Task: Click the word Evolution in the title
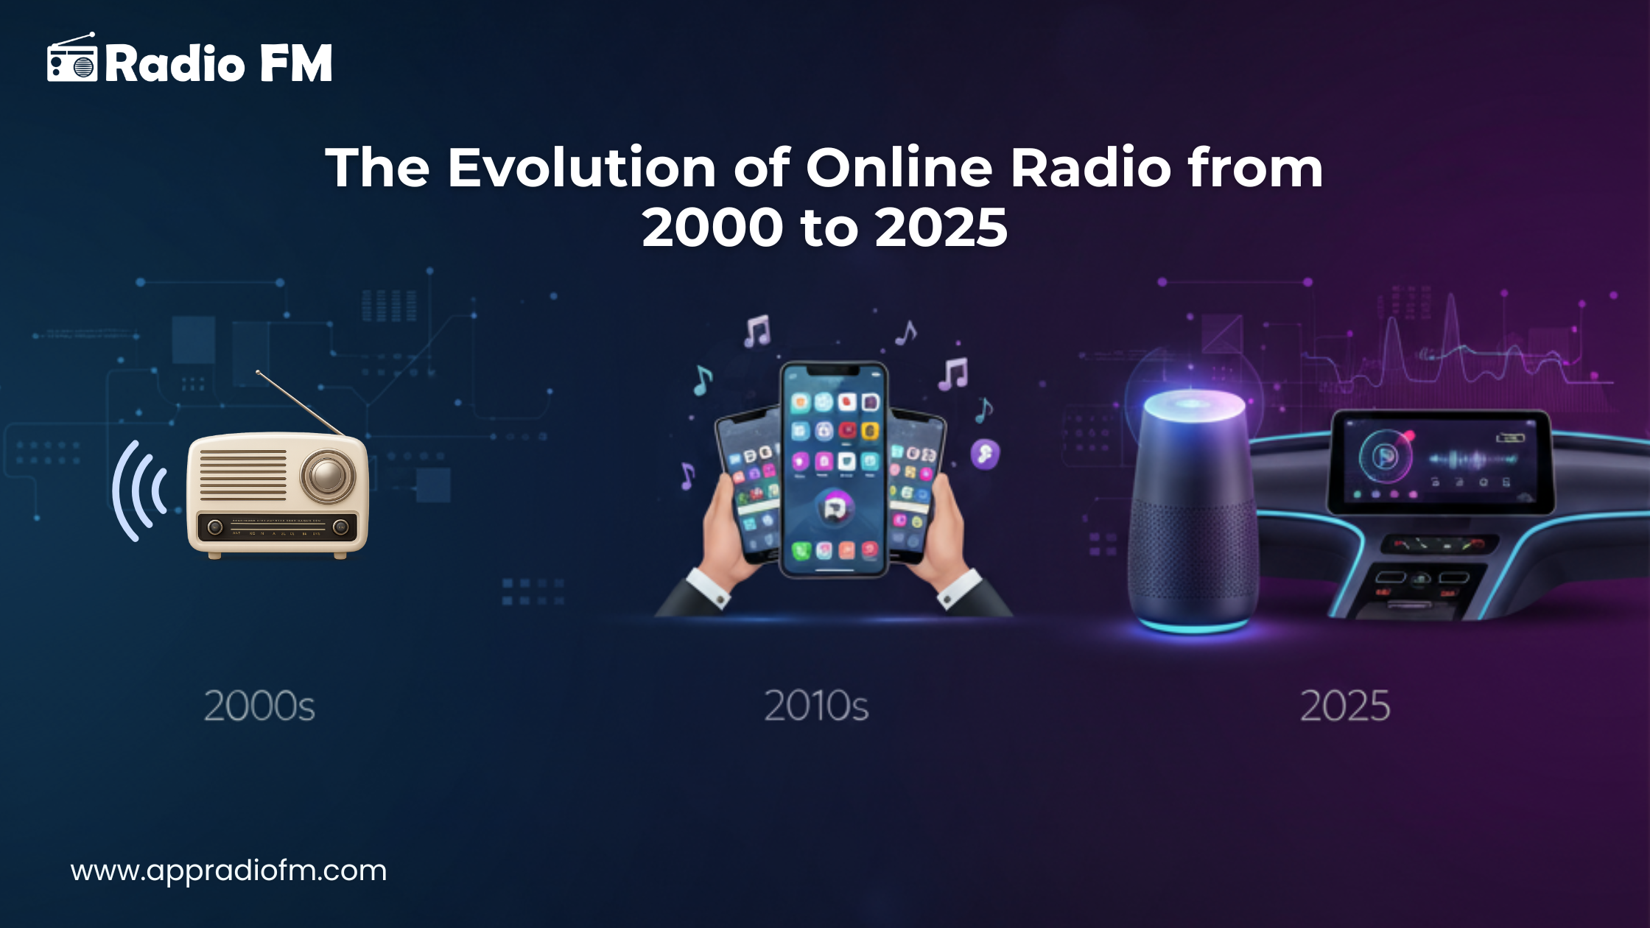(x=582, y=167)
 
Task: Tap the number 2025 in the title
(x=941, y=227)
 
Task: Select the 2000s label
(x=259, y=706)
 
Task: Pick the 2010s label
(x=816, y=706)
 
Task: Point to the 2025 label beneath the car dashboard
(x=1345, y=706)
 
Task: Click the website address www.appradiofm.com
(x=228, y=871)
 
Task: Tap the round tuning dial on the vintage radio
(x=328, y=475)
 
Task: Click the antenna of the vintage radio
(x=298, y=402)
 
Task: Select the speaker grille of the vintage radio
(x=243, y=475)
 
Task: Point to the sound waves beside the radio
(x=140, y=491)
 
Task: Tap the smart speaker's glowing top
(x=1193, y=404)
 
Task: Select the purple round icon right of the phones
(x=985, y=454)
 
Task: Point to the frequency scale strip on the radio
(x=278, y=527)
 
